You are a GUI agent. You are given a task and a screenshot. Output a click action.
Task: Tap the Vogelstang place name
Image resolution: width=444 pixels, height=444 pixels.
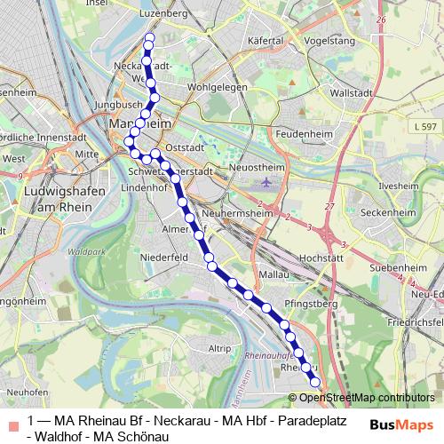pyautogui.click(x=322, y=41)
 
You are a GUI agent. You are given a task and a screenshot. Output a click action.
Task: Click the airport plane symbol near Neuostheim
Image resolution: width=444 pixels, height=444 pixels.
pyautogui.click(x=267, y=183)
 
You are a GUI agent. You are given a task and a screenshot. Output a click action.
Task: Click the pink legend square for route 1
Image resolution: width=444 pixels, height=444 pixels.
pyautogui.click(x=12, y=423)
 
